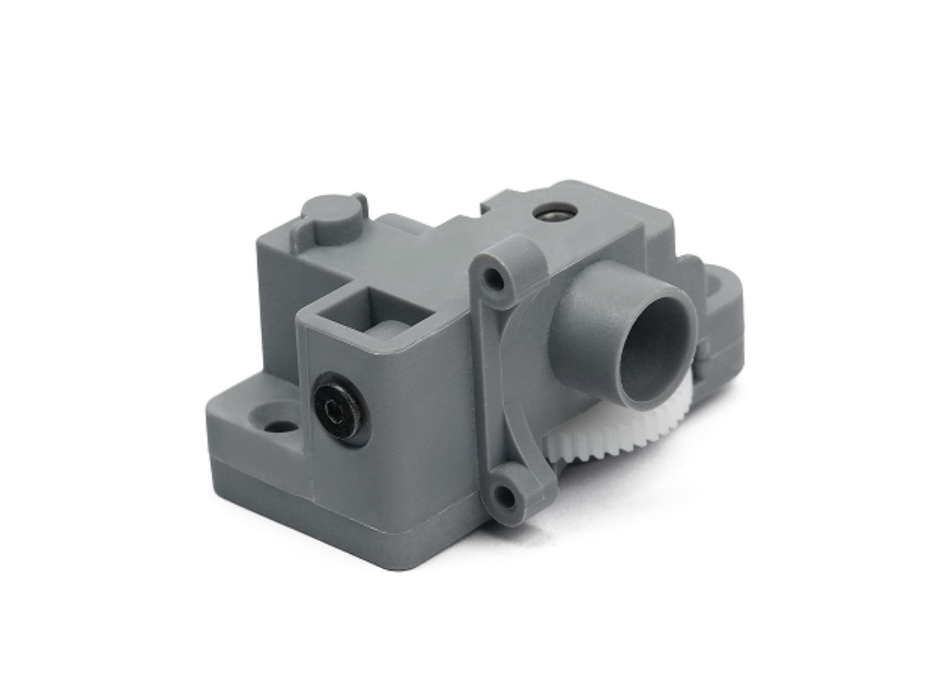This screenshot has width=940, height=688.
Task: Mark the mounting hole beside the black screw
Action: click(x=279, y=427)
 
